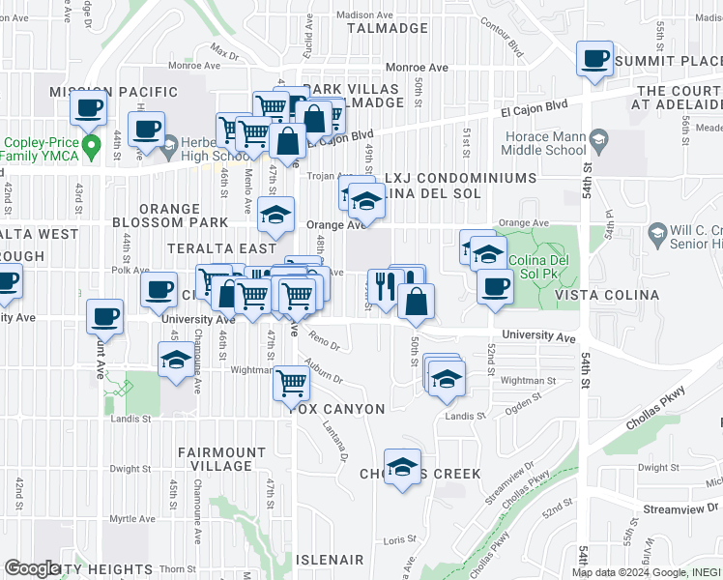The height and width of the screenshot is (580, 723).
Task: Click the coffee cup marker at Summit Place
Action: (594, 59)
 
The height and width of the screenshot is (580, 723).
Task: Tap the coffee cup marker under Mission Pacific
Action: (90, 108)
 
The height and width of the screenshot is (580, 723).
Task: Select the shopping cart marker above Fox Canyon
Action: (291, 383)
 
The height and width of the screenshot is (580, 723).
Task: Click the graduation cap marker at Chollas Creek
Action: (402, 468)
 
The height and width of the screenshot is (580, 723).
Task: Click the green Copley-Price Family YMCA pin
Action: (92, 148)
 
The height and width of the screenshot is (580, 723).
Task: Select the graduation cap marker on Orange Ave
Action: (275, 215)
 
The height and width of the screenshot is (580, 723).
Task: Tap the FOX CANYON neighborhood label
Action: (336, 409)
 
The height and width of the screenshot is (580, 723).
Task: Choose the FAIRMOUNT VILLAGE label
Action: (220, 459)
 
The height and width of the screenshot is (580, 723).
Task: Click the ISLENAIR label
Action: (330, 560)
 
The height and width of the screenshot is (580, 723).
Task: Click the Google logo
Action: (31, 568)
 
